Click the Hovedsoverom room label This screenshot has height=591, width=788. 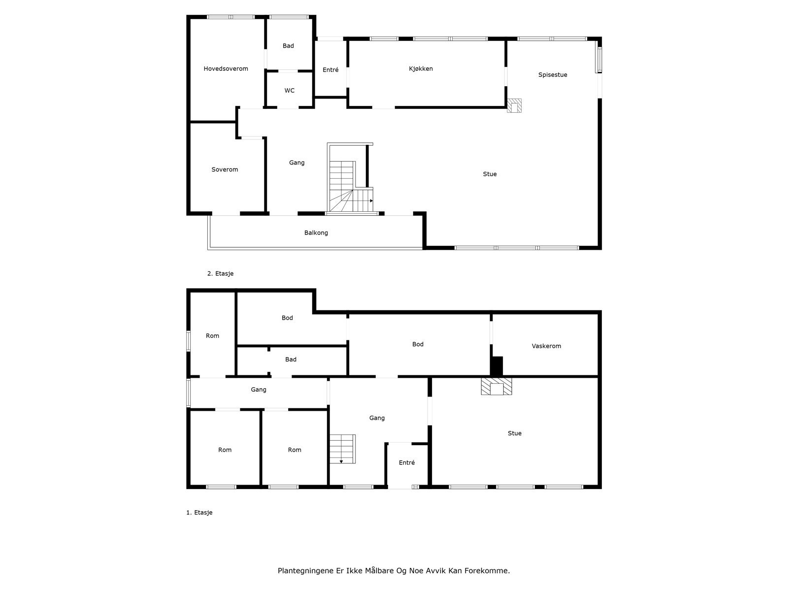[226, 69]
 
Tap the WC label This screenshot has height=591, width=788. [290, 91]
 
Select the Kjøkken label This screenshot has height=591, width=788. [421, 69]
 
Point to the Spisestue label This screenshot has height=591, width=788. [553, 75]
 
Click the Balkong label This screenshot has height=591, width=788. [316, 233]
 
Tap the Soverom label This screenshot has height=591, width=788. [225, 169]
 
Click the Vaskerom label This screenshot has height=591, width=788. [546, 346]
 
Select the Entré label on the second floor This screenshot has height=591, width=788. [330, 70]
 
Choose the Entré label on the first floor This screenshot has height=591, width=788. [407, 463]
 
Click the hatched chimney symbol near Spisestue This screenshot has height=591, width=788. [514, 105]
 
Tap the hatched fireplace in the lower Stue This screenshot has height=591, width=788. [496, 386]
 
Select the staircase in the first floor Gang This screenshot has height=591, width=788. [342, 449]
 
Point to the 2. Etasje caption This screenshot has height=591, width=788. [220, 274]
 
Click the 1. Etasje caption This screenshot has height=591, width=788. [199, 513]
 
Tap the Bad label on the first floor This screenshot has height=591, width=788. [291, 360]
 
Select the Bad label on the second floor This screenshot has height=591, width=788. [288, 46]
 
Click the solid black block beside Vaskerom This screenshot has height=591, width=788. [497, 366]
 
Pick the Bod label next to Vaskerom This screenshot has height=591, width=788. [418, 344]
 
